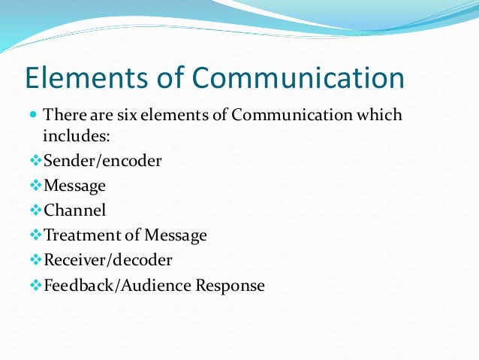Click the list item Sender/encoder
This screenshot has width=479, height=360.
click(103, 161)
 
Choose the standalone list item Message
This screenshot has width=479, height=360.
click(75, 185)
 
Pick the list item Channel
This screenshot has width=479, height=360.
click(75, 210)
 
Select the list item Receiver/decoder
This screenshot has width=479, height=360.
click(108, 260)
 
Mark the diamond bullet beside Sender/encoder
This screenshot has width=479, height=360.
click(36, 161)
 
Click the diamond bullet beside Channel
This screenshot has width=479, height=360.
click(36, 210)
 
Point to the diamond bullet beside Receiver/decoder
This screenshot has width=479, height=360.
click(36, 260)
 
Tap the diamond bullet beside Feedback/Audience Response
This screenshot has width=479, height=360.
click(36, 286)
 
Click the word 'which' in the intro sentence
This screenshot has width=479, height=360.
click(382, 116)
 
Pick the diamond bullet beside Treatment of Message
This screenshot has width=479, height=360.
click(36, 235)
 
